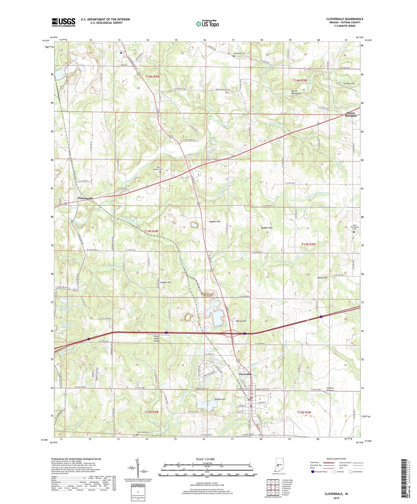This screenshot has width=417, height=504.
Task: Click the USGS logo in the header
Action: coord(63,22)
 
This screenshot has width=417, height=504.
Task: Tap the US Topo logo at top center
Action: coord(207,24)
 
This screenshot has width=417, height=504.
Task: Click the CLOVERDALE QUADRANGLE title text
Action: coord(345,19)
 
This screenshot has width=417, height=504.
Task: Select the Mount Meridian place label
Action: coord(351,114)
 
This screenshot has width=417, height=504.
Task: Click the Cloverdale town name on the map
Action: coord(245,374)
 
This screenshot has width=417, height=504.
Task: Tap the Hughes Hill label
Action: coord(215,221)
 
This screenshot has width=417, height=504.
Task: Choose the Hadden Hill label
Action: coord(266,228)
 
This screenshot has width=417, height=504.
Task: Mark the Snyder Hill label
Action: coord(165,282)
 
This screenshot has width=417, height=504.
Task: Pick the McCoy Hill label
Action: coord(241,321)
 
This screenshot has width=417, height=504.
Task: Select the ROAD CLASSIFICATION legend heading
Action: coord(336,459)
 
